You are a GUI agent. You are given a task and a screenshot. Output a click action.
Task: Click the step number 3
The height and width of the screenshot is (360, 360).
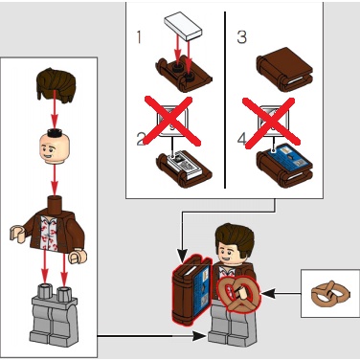click(x=241, y=40)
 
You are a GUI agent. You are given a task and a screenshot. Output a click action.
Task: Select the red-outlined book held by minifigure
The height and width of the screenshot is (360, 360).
click(x=191, y=285)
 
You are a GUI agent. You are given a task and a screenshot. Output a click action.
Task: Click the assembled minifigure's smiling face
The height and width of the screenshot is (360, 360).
click(x=233, y=253)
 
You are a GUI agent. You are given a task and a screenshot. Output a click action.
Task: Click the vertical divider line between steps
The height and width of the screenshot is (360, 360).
click(x=225, y=96)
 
